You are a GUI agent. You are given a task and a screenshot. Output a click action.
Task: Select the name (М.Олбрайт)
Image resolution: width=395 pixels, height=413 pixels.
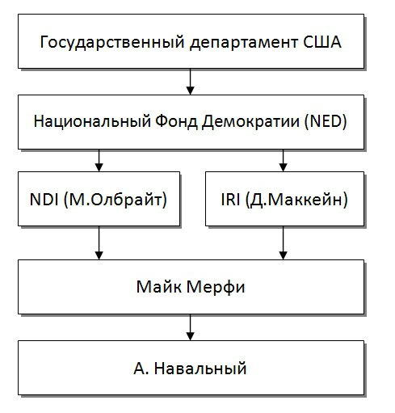114,200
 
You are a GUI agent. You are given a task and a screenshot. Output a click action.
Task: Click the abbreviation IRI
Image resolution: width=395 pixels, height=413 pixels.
231,200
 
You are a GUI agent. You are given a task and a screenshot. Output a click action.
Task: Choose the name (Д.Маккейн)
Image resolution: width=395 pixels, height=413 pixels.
296,200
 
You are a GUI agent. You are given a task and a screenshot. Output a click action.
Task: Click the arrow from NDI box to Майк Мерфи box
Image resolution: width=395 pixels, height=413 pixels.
99,242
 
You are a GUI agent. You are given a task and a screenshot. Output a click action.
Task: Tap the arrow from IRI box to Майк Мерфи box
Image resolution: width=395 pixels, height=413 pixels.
282,242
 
